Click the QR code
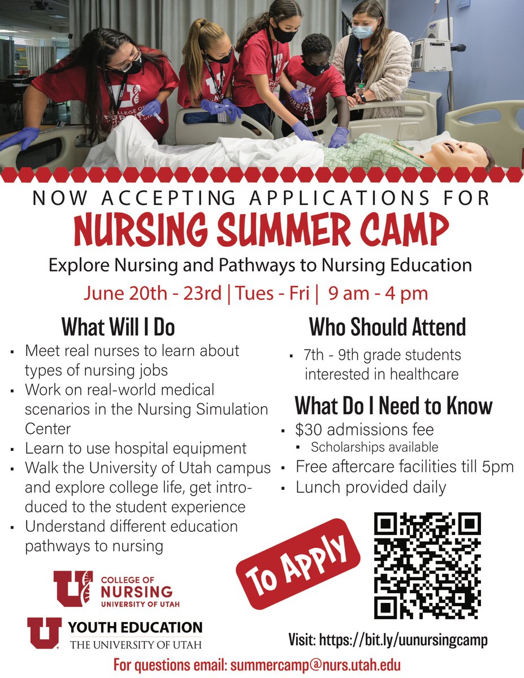428,566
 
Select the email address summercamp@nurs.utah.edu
315,664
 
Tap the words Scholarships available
374,447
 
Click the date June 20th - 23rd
152,294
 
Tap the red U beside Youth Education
45,633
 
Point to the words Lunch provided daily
371,487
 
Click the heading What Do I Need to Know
393,406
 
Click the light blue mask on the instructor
363,32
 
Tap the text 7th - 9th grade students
382,355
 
